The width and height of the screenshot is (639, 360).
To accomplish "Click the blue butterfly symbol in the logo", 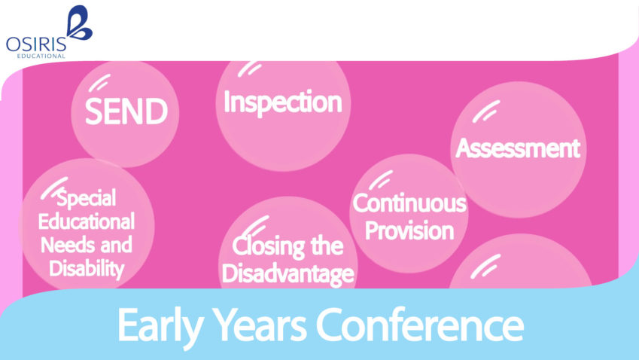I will tap(78, 23).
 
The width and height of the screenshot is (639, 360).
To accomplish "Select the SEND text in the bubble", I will tap(126, 112).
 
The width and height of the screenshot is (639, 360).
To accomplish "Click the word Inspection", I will tap(282, 102).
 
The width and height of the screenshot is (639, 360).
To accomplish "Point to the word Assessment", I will tap(518, 148).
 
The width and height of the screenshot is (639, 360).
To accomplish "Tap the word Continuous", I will tap(409, 203).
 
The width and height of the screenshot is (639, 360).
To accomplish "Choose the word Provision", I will tap(409, 229).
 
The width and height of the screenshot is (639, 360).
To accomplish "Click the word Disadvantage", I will tap(288, 273).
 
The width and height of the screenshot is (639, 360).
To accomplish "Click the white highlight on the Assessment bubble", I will tap(489, 111).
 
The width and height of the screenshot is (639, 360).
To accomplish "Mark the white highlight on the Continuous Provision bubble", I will tap(380, 179).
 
